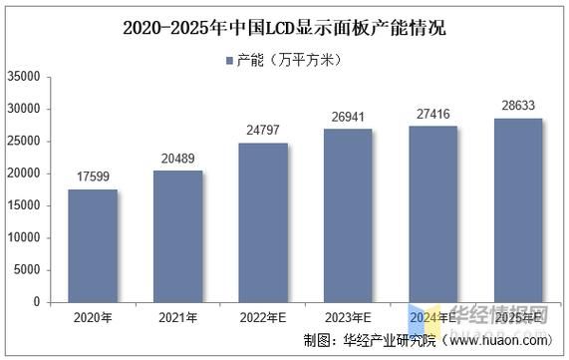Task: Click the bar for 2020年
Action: pyautogui.click(x=93, y=245)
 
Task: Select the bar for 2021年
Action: pyautogui.click(x=177, y=236)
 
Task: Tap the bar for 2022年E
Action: pyautogui.click(x=263, y=222)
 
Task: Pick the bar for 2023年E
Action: pyautogui.click(x=348, y=215)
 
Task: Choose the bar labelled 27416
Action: pyautogui.click(x=432, y=213)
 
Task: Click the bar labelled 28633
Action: pyautogui.click(x=518, y=209)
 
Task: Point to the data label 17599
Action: pyautogui.click(x=93, y=178)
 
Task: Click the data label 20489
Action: pyautogui.click(x=177, y=160)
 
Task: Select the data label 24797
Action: pyautogui.click(x=263, y=132)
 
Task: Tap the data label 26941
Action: pyautogui.click(x=348, y=118)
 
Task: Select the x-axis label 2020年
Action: pyautogui.click(x=93, y=318)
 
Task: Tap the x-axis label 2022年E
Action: pyautogui.click(x=263, y=318)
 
